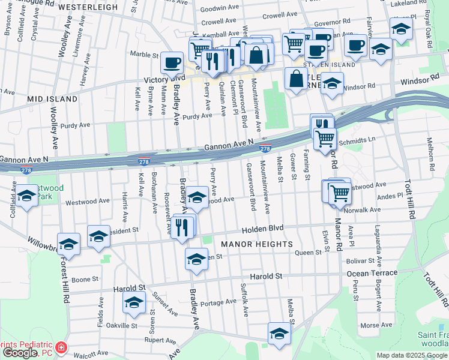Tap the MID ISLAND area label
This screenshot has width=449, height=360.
(x=52, y=98)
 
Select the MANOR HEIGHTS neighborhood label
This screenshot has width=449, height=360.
(x=256, y=244)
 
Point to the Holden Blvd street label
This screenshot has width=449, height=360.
(x=262, y=229)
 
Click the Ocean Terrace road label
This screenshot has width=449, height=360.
(x=372, y=273)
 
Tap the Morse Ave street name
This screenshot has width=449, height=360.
(x=372, y=326)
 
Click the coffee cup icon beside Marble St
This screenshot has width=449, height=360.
(x=172, y=62)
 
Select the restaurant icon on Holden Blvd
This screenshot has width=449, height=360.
(x=182, y=226)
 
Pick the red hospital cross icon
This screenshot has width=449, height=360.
(x=61, y=348)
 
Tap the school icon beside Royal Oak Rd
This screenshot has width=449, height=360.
(x=401, y=28)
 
